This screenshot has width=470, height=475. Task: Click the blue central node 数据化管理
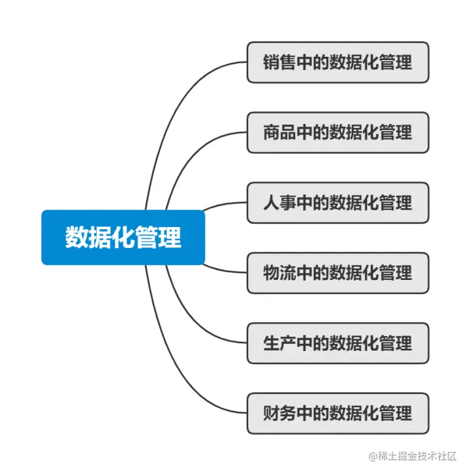[x=123, y=237]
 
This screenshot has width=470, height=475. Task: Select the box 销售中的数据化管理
[x=337, y=63]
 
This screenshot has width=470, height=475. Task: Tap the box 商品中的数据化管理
[x=337, y=132]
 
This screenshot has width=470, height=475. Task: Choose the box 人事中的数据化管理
[x=337, y=202]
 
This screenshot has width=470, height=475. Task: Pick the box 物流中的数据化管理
[x=337, y=272]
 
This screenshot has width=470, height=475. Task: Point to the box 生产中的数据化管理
[x=337, y=343]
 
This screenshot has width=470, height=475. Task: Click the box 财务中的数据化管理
[x=337, y=413]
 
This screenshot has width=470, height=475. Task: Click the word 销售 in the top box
[x=279, y=63]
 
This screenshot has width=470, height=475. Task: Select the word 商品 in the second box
[x=279, y=132]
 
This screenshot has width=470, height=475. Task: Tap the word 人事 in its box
[x=279, y=202]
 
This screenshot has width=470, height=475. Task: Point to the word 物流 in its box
[x=279, y=272]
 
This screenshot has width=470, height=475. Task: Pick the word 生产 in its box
[x=279, y=343]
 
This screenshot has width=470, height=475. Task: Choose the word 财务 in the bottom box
[x=279, y=413]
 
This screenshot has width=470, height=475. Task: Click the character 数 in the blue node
[x=76, y=237]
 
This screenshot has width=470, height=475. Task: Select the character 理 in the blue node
[x=170, y=237]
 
